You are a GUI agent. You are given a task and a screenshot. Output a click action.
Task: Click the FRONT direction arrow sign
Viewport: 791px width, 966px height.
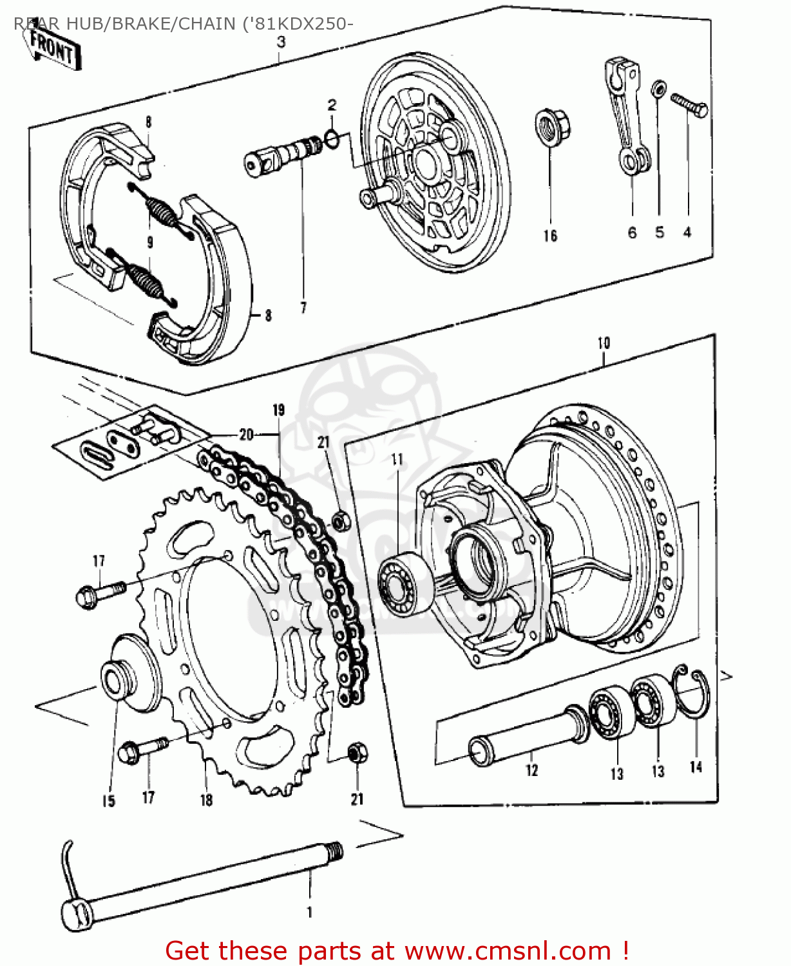(55, 48)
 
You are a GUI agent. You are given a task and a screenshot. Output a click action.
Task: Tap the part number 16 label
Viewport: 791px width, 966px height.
(549, 236)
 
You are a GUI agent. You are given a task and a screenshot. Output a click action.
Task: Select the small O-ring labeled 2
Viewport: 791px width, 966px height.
(332, 137)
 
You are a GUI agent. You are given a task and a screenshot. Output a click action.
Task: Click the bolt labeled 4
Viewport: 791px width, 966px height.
(689, 104)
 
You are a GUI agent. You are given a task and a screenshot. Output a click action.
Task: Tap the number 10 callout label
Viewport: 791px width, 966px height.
(603, 343)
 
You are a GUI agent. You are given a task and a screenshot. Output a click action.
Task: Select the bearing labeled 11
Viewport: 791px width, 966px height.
(405, 583)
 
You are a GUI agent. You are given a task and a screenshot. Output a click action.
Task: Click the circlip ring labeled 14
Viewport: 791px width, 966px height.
(693, 699)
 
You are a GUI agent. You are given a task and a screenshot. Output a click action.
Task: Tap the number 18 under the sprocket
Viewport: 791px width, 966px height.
(206, 800)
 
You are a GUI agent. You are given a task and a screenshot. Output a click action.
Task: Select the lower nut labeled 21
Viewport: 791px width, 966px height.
(357, 753)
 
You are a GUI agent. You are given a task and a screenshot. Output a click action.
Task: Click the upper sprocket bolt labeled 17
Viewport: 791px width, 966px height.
(100, 594)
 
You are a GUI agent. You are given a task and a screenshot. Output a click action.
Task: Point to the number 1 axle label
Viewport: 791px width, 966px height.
(310, 912)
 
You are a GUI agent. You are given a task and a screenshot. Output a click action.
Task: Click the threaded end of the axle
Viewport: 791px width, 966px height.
(334, 853)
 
